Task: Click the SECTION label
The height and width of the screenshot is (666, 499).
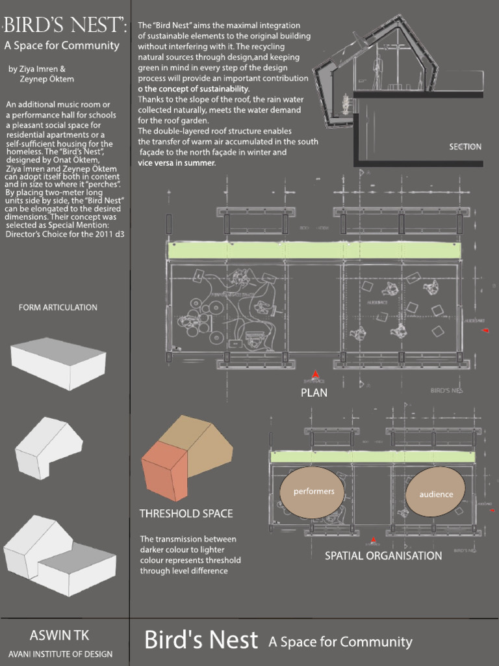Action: coord(465,146)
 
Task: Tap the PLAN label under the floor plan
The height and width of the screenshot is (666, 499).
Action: coord(314,392)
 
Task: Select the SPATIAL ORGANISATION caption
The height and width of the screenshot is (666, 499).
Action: coord(383,555)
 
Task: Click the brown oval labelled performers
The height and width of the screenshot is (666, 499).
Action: coord(313,492)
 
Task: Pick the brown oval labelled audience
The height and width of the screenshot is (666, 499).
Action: coord(436,494)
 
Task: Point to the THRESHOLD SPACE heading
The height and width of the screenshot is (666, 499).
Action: coord(186,514)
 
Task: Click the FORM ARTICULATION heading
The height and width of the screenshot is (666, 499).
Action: coord(58,307)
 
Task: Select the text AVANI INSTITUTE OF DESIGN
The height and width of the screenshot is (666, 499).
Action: coord(60,654)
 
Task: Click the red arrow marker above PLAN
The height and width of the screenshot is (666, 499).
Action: coord(315,375)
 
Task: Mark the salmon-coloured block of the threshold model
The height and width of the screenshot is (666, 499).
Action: coord(164,472)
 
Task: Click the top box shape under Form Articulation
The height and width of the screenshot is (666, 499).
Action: coord(58,363)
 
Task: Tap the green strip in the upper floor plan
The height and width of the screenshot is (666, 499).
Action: coord(314,250)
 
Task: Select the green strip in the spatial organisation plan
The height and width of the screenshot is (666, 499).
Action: coord(372,457)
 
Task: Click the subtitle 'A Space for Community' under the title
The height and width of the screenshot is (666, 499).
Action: coord(62,46)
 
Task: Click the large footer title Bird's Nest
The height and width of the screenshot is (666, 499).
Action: coord(201,640)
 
